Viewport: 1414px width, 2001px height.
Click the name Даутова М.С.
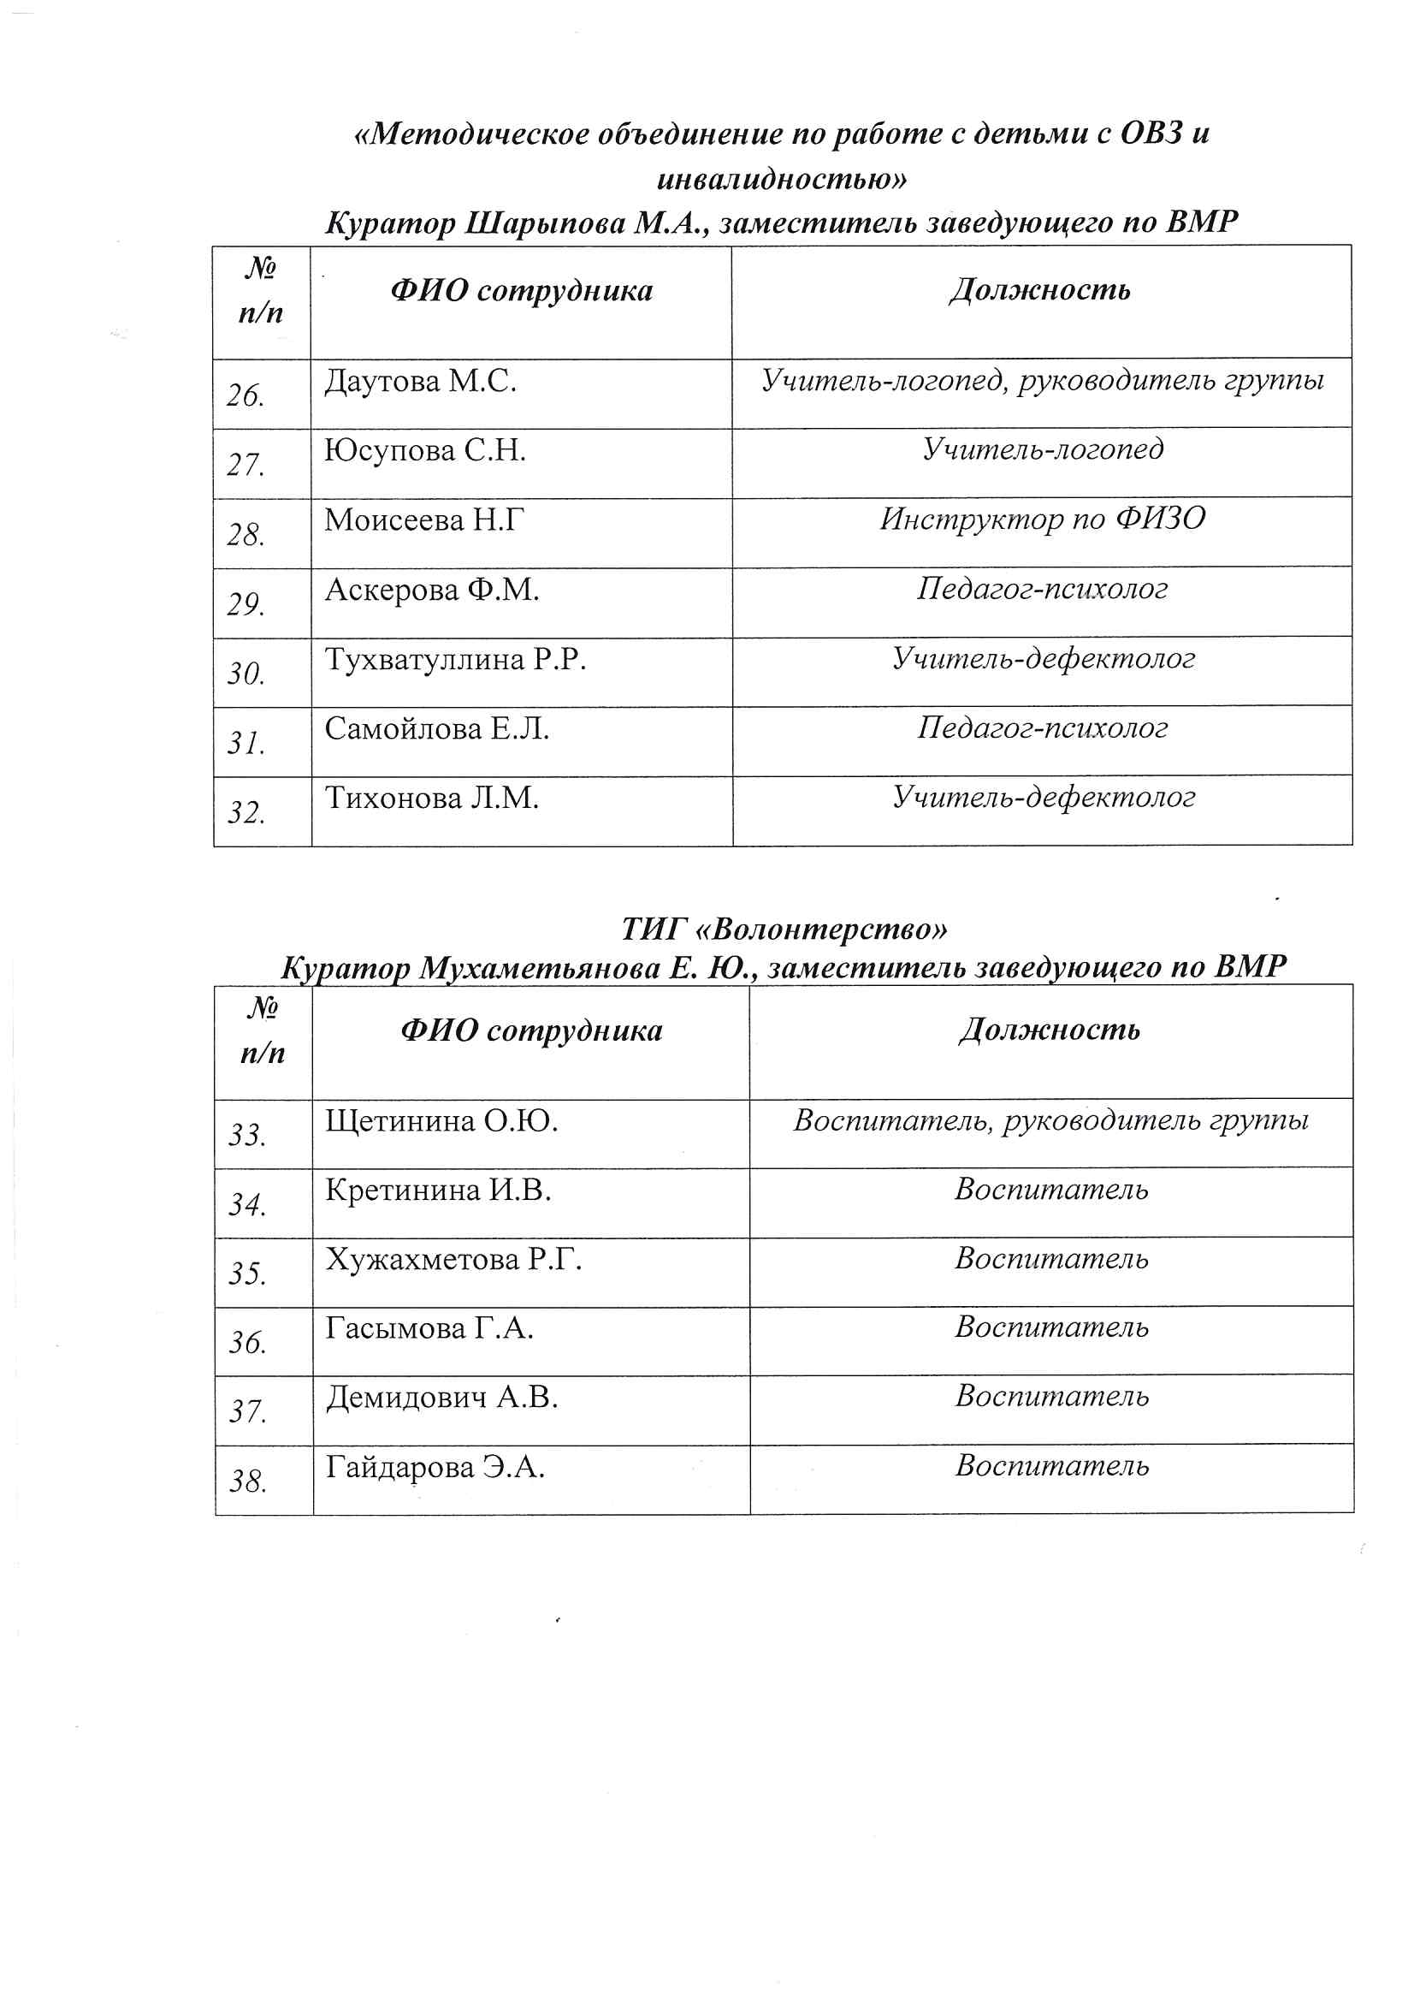click(421, 382)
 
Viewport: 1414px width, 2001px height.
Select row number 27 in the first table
click(246, 465)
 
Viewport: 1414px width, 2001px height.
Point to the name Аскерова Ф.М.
click(432, 590)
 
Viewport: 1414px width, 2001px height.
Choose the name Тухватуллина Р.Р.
click(456, 659)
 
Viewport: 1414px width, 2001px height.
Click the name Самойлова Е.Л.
click(437, 728)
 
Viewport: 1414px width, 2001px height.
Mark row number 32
click(246, 812)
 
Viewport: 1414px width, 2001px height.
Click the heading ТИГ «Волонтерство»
click(784, 929)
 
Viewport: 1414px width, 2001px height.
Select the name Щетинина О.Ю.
click(441, 1121)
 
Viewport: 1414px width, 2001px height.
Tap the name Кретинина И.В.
click(438, 1190)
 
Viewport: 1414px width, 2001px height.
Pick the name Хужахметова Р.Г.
click(454, 1259)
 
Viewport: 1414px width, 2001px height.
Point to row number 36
click(247, 1342)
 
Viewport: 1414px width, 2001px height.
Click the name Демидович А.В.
click(441, 1397)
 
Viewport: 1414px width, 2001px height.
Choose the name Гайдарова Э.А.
click(435, 1467)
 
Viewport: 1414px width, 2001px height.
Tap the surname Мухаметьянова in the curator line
click(539, 967)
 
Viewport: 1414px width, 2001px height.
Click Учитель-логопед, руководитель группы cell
click(1043, 380)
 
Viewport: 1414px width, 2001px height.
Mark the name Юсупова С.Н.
click(425, 450)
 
